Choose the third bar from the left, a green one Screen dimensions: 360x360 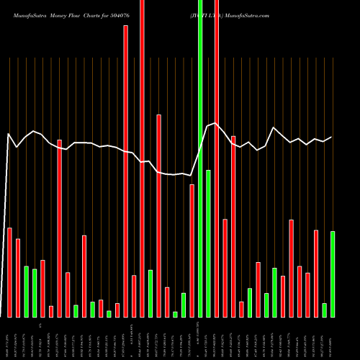(x=27, y=292)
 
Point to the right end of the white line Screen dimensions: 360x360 (x=332, y=137)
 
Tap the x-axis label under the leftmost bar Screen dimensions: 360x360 (x=9, y=338)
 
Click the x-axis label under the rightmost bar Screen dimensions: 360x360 (x=333, y=338)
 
